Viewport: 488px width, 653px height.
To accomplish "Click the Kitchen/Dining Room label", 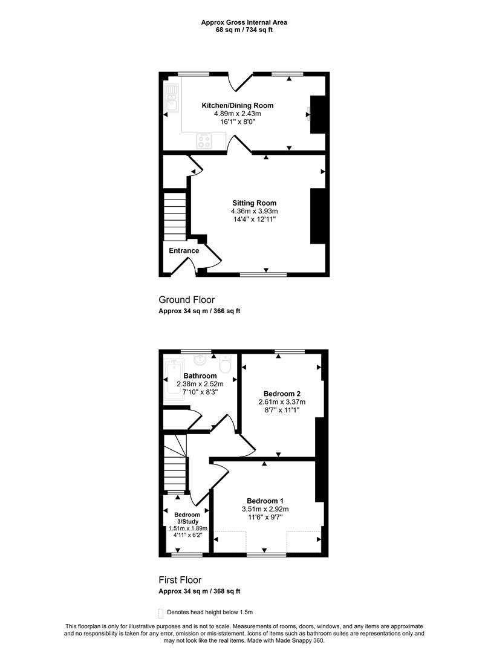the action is click(237, 105).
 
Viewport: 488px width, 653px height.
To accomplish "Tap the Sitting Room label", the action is click(255, 203).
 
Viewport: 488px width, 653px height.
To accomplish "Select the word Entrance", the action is click(184, 250).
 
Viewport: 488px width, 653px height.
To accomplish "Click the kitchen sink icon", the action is click(172, 97).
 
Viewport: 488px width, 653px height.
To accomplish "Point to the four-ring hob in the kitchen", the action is click(204, 141).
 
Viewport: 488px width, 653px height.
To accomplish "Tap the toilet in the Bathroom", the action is click(226, 364).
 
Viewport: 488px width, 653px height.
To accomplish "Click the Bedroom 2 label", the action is click(282, 394).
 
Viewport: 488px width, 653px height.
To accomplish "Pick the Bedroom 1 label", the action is click(265, 501).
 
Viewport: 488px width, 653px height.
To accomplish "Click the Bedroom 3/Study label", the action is click(186, 518).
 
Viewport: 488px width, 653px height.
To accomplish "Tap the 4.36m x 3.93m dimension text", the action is click(255, 211).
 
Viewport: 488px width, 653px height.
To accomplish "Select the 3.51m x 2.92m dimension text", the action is click(265, 509).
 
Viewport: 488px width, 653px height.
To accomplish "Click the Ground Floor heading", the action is click(186, 300).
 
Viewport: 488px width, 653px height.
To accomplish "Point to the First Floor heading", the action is click(180, 580).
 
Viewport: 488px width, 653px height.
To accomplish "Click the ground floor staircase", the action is click(175, 216).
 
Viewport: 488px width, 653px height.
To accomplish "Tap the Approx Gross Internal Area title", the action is click(244, 22).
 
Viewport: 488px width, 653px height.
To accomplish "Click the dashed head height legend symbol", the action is click(161, 614).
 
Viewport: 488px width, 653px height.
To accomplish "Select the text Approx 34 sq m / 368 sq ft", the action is click(200, 591).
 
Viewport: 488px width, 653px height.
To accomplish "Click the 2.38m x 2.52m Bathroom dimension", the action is click(200, 384).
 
